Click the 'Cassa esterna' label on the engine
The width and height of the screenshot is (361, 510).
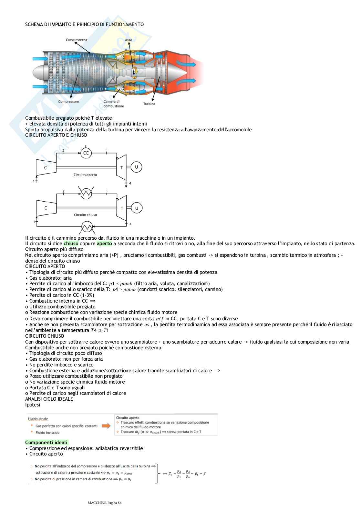[76, 40]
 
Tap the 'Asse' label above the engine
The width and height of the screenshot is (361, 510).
[128, 40]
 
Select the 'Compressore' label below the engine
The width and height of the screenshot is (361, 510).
[68, 102]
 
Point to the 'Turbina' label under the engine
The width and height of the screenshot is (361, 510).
[149, 104]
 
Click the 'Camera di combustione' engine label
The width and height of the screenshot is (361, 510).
[113, 104]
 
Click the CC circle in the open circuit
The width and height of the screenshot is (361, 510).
[86, 153]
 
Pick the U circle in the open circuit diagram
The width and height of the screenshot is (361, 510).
[136, 167]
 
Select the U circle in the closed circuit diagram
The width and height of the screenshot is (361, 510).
[136, 208]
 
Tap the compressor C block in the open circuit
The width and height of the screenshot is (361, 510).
[46, 167]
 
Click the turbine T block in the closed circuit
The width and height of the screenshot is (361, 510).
[121, 208]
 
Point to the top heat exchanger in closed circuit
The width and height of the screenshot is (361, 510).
[86, 193]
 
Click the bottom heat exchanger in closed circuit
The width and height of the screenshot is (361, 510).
[86, 227]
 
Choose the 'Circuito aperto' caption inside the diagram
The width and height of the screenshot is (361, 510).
[85, 175]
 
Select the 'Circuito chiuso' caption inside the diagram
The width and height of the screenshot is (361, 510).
[85, 215]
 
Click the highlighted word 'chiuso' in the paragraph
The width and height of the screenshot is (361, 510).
[71, 244]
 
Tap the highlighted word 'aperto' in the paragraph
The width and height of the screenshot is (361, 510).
[104, 244]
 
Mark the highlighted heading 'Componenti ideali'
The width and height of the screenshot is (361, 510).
[46, 443]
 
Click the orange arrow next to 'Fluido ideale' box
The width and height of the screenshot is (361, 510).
[106, 426]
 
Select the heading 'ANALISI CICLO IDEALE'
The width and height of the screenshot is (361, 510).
[49, 399]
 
